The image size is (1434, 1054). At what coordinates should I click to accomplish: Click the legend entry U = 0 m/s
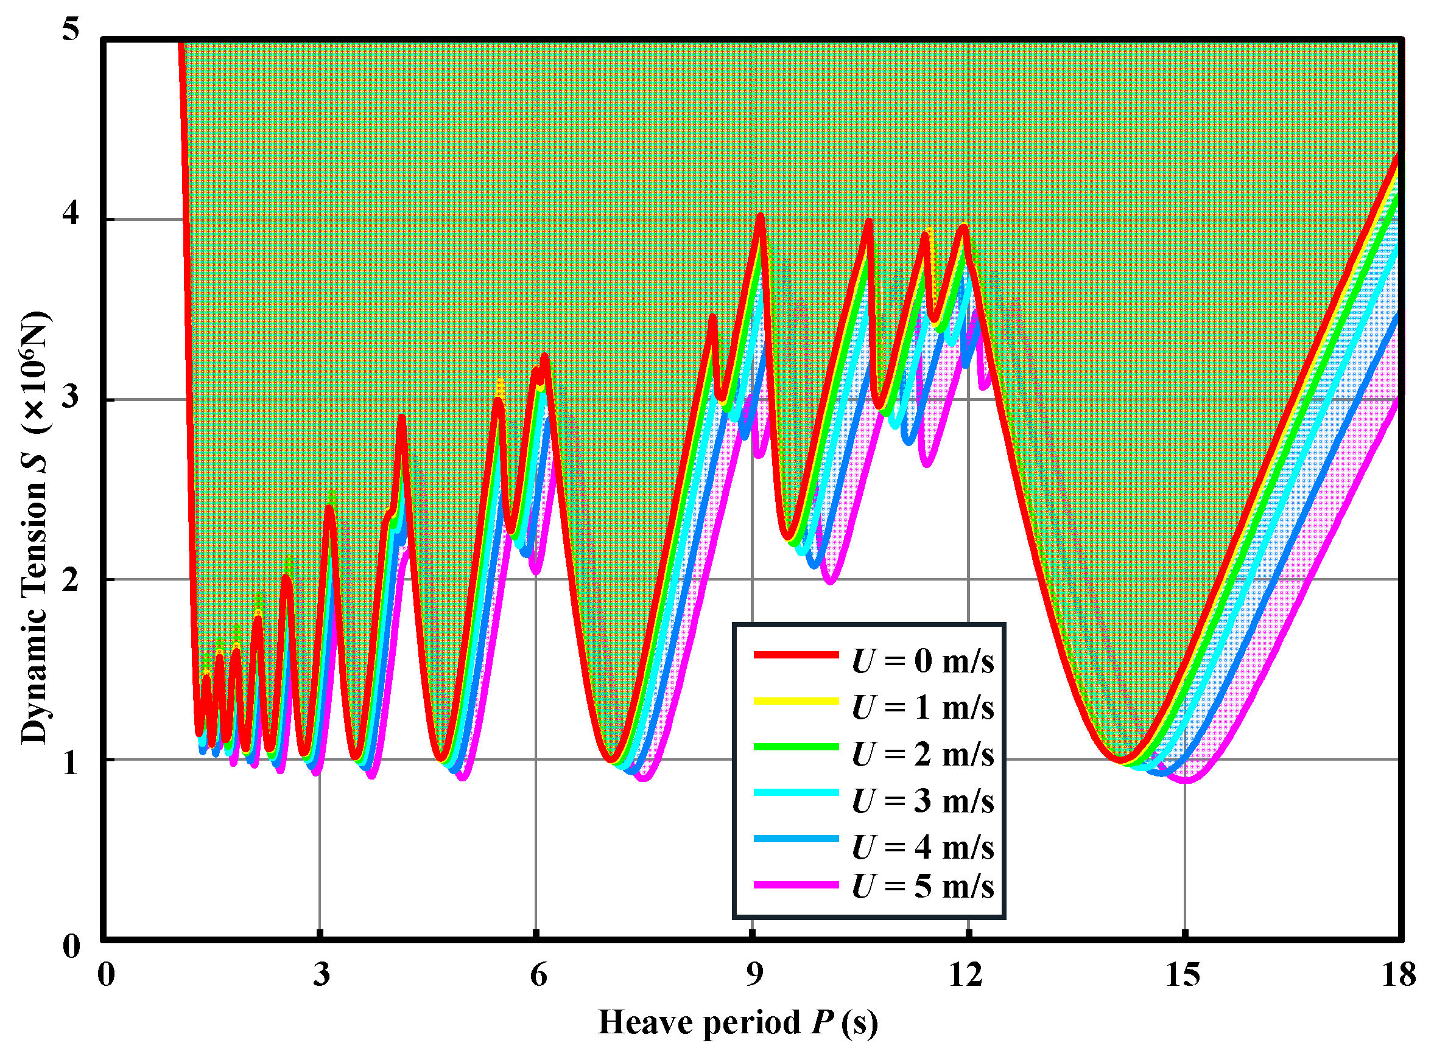click(922, 661)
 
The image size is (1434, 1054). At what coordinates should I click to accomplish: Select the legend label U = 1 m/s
click(922, 708)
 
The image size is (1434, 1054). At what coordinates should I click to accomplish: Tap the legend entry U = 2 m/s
click(922, 754)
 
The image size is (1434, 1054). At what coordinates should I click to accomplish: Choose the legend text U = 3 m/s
click(922, 801)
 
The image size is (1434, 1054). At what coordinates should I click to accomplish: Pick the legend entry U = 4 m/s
click(922, 847)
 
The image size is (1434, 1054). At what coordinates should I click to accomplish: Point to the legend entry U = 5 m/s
click(922, 886)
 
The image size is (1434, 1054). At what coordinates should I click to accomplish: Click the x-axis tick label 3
click(321, 974)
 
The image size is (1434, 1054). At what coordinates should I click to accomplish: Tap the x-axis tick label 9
click(754, 974)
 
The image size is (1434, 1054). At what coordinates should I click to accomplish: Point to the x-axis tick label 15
click(1183, 974)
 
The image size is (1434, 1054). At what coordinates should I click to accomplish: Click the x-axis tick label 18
click(1399, 974)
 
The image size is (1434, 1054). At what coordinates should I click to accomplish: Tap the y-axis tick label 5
click(70, 29)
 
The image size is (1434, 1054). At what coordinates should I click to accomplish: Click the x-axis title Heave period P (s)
click(737, 1023)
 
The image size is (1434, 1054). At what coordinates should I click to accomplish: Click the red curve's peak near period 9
click(760, 216)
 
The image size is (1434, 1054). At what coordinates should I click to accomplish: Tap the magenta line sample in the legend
click(795, 885)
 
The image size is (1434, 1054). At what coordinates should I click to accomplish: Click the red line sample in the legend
click(795, 655)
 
